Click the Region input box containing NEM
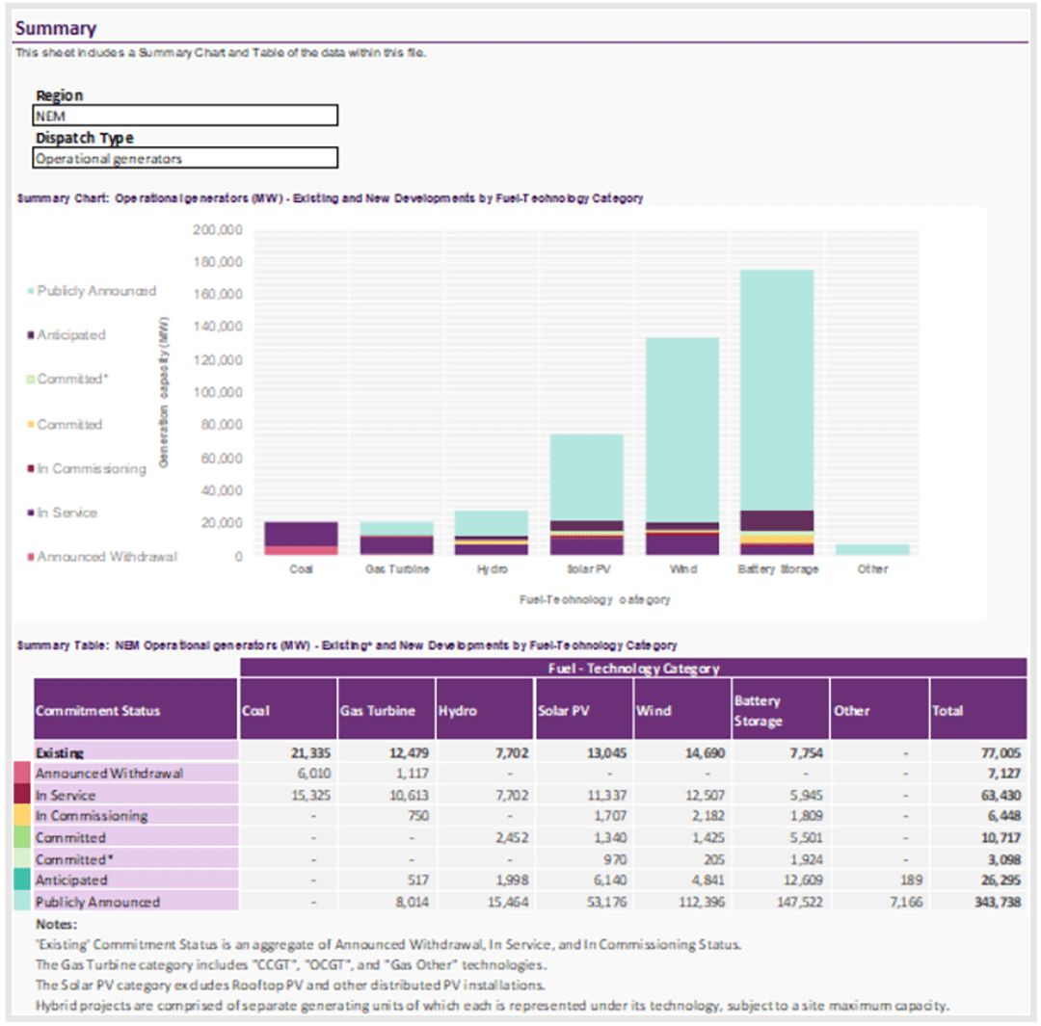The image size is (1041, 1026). [185, 116]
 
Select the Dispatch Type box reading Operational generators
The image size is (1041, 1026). [185, 158]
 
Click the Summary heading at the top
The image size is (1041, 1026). [56, 28]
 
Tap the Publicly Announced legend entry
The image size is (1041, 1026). [92, 291]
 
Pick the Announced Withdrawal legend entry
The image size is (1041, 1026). [102, 556]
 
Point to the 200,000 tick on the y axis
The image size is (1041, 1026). [218, 229]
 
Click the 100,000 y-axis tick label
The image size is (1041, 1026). [218, 392]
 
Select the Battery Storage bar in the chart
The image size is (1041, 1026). [777, 412]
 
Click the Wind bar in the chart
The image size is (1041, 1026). [682, 446]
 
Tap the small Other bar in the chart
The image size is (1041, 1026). [872, 549]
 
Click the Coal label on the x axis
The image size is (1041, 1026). [301, 568]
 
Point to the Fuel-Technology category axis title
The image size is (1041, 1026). [594, 599]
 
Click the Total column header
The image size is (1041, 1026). [948, 710]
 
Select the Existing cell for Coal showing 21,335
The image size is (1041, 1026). [310, 752]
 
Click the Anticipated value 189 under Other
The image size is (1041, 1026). [912, 880]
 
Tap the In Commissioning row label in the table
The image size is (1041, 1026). [92, 815]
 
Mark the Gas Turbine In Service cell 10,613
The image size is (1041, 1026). [409, 795]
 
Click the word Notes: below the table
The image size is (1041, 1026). [57, 924]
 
